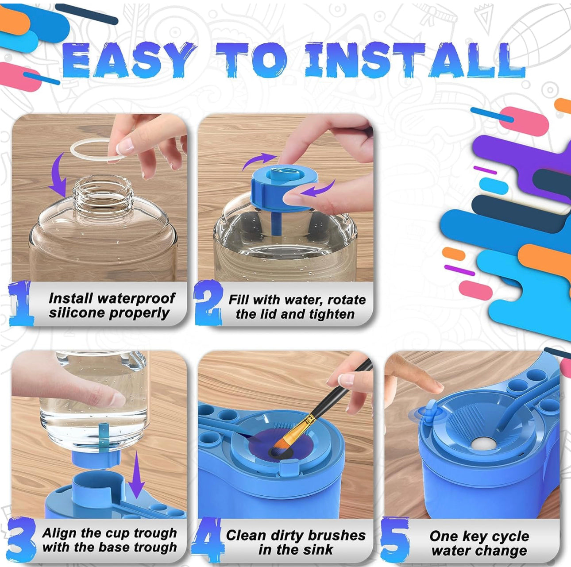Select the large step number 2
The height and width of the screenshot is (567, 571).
click(x=208, y=302)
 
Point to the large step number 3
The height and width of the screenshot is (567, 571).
click(x=21, y=540)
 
